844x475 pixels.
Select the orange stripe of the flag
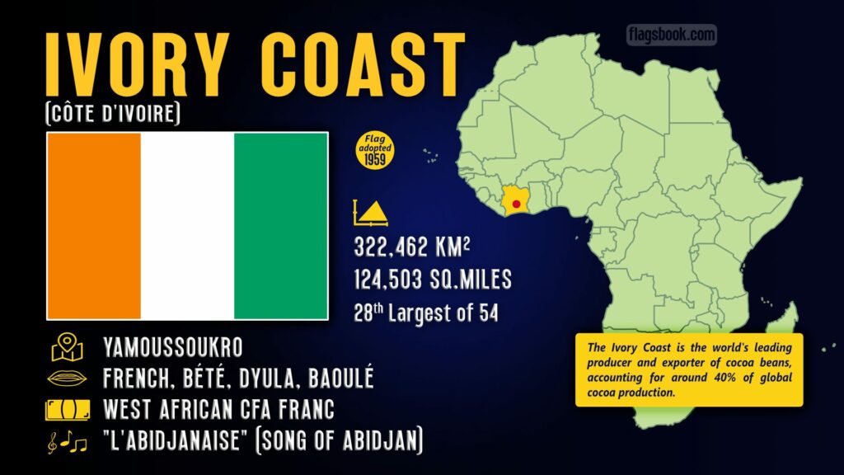[x=93, y=226]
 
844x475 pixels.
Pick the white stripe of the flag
[x=187, y=226]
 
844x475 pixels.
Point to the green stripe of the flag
[x=281, y=226]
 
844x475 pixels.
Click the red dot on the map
[x=516, y=203]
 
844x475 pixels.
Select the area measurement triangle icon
[x=369, y=214]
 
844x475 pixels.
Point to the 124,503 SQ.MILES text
[x=432, y=280]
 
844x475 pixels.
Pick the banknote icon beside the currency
[x=67, y=410]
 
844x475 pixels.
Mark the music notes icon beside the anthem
[x=67, y=443]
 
